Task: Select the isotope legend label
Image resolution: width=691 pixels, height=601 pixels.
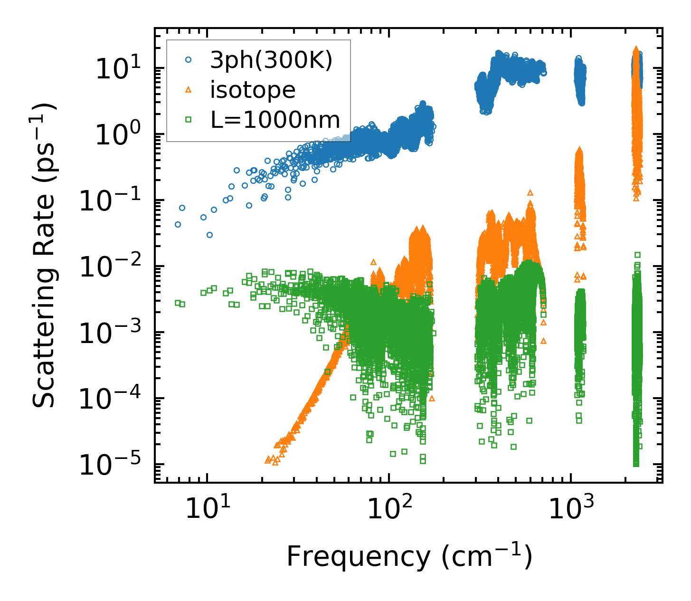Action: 253,90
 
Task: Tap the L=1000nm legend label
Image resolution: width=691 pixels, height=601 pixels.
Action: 275,120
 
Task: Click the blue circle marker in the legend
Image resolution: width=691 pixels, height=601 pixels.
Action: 188,60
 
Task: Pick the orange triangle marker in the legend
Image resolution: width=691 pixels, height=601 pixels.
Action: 188,89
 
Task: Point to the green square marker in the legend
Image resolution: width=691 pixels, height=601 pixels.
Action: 188,120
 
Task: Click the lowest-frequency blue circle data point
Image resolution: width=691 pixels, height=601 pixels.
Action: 178,224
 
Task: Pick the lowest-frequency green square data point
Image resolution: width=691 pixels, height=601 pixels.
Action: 178,303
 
